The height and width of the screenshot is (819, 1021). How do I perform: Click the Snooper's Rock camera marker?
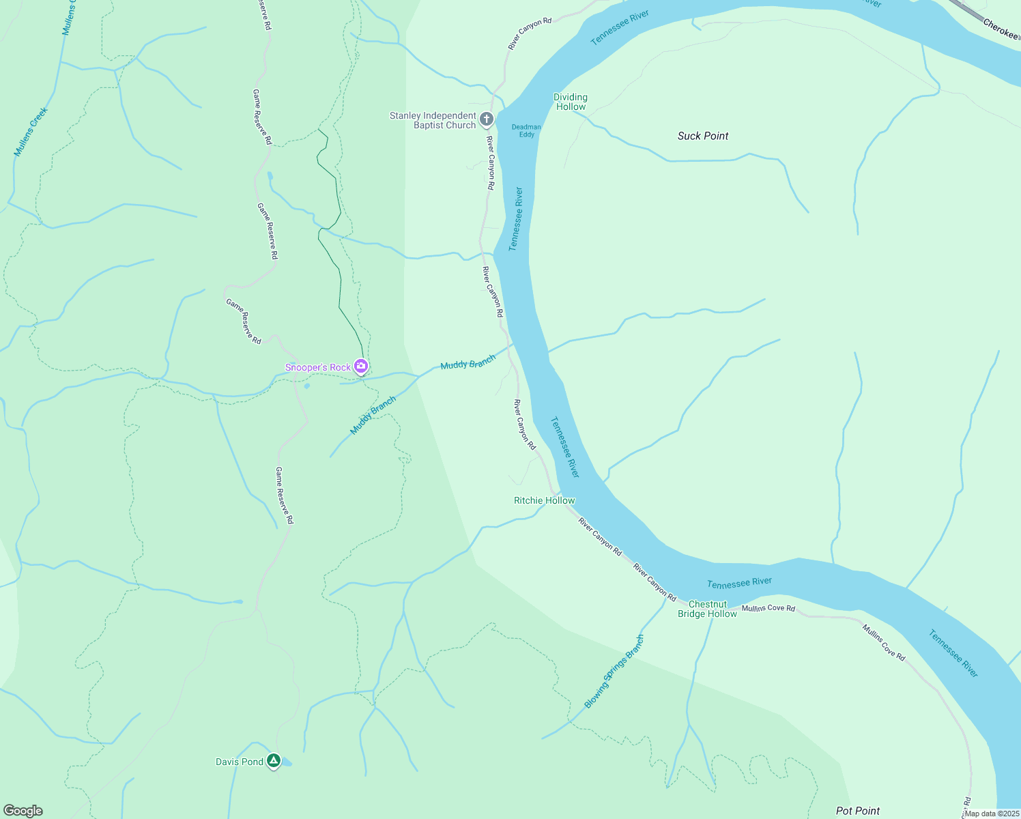[361, 367]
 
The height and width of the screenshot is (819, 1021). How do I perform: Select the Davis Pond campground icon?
[274, 760]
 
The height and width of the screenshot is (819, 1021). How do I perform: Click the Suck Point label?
[703, 136]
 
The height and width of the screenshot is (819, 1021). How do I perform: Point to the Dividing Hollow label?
[571, 102]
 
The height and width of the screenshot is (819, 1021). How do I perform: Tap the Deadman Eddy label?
[526, 130]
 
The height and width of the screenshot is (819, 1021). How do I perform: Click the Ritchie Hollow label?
[545, 500]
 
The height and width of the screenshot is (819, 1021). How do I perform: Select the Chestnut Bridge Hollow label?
[708, 609]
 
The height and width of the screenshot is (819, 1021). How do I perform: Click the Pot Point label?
[858, 811]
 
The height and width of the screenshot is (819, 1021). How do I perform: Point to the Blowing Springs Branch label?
[614, 672]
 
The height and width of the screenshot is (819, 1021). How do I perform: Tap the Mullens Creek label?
[31, 132]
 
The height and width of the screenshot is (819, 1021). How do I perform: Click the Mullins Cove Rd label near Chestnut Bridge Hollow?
[768, 607]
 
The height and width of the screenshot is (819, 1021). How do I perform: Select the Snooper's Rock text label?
[318, 367]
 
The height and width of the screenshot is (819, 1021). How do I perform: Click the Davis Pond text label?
[240, 762]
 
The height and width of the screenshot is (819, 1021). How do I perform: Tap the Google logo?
[23, 811]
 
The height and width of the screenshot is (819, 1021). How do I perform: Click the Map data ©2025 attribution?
[992, 814]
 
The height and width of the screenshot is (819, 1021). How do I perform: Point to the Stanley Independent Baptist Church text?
[433, 120]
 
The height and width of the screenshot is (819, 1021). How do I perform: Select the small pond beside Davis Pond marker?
[287, 762]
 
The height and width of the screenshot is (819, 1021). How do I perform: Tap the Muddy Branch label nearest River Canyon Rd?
[468, 362]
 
